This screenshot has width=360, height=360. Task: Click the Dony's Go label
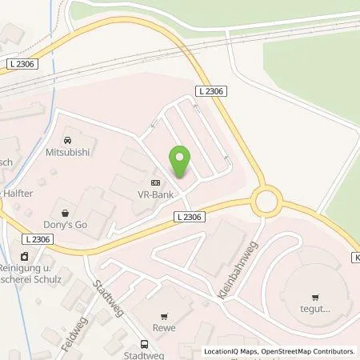coord(56,225)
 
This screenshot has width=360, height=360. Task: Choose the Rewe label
coord(166,326)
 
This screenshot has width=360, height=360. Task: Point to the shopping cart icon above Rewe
coord(166,314)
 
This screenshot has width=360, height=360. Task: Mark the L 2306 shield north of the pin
coord(214,93)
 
